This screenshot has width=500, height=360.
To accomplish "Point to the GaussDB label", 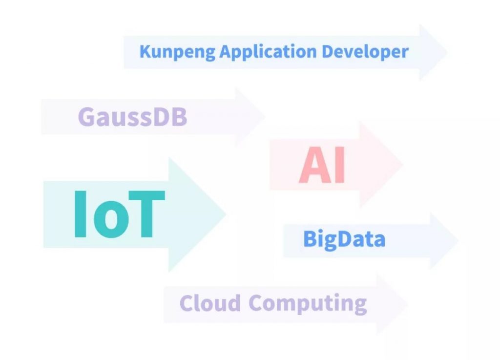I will tap(132, 117).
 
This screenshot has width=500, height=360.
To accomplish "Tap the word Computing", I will tap(308, 303).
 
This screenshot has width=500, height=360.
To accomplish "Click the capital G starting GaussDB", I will tap(87, 117).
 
